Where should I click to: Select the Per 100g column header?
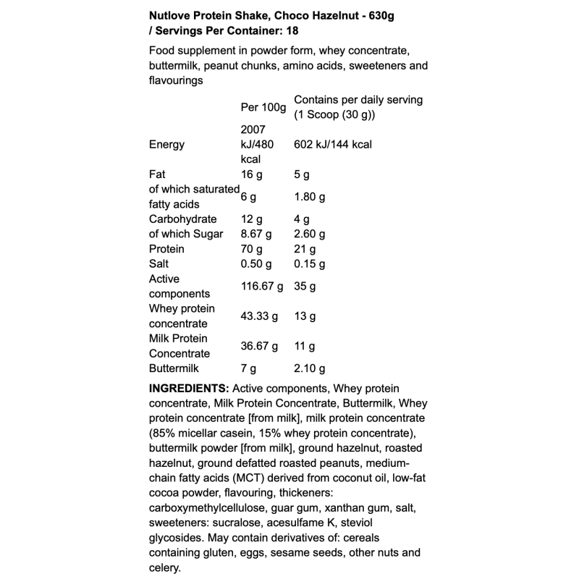[263, 107]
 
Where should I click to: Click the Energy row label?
[166, 144]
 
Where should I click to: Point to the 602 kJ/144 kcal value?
[333, 144]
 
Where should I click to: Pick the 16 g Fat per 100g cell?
[251, 174]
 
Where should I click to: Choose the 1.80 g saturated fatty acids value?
[310, 196]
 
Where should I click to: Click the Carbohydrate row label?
[182, 219]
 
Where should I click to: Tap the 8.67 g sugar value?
[256, 234]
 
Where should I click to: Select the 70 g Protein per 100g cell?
[251, 248]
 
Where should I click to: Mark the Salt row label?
[159, 263]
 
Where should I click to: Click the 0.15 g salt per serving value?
[310, 263]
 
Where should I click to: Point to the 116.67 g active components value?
[262, 286]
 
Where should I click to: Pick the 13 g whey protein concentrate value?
[304, 316]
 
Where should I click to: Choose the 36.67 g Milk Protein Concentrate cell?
[259, 346]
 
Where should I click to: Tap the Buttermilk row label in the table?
[174, 368]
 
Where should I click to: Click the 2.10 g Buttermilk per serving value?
[310, 368]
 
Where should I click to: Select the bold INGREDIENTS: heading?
[189, 388]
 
